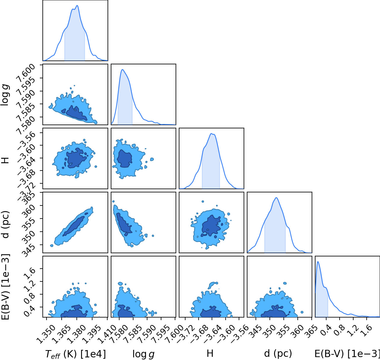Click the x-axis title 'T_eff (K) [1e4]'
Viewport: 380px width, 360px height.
click(75, 354)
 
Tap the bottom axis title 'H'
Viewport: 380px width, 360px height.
click(210, 353)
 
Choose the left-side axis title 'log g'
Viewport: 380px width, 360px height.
click(5, 95)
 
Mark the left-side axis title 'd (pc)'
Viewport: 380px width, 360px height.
click(6, 224)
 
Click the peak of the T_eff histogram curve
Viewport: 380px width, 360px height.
click(77, 6)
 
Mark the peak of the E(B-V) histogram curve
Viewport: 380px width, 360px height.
click(318, 262)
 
